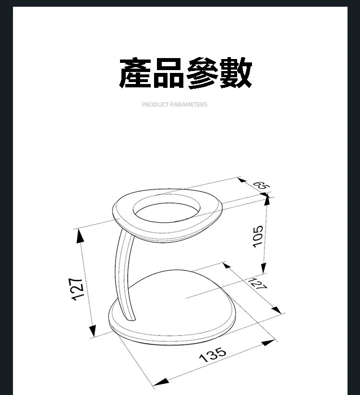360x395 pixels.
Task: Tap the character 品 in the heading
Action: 168,73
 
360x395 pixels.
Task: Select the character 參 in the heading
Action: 202,73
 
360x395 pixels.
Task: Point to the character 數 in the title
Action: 236,73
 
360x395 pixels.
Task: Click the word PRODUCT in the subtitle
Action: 155,105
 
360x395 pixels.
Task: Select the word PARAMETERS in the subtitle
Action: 189,105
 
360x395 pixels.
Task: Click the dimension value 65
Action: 262,186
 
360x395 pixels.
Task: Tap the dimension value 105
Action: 258,237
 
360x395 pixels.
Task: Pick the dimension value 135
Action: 213,355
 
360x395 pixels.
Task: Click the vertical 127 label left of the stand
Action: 77,289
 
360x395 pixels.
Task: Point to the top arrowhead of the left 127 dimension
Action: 80,236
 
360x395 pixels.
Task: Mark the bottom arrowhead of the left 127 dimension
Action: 93,331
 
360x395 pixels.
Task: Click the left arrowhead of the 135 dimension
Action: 161,382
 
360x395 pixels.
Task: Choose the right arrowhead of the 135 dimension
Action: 268,343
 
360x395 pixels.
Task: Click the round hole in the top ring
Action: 167,208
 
